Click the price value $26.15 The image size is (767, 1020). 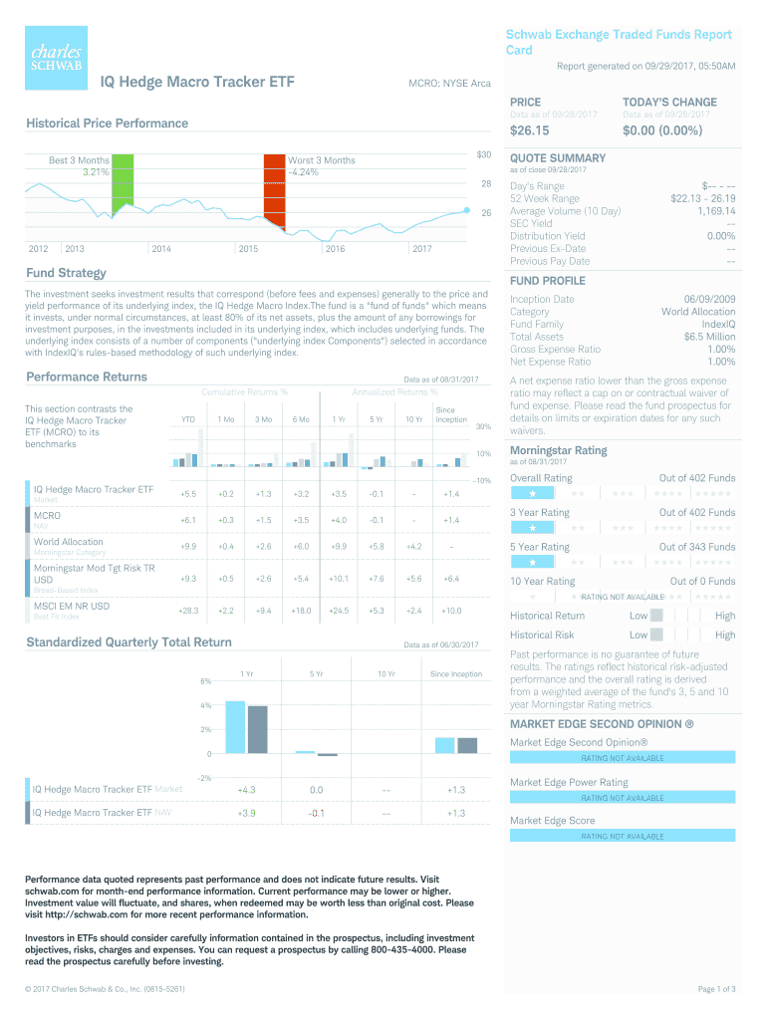(530, 130)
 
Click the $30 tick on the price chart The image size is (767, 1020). (484, 154)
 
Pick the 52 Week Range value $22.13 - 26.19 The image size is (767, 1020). (703, 198)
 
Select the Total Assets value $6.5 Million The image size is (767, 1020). (709, 337)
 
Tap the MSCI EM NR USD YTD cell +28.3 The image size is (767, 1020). (188, 610)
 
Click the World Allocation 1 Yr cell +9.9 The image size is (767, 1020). (339, 546)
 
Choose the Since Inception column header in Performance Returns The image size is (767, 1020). (451, 414)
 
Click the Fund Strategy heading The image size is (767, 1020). (66, 273)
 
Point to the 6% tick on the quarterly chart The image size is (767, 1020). (205, 681)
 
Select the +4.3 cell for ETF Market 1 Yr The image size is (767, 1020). (247, 789)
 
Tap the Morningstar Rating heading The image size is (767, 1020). (558, 450)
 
